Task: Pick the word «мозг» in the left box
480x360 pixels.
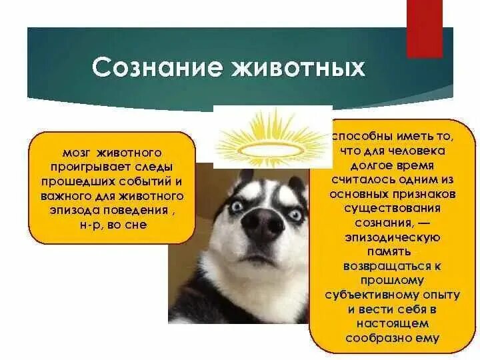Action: coord(74,153)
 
